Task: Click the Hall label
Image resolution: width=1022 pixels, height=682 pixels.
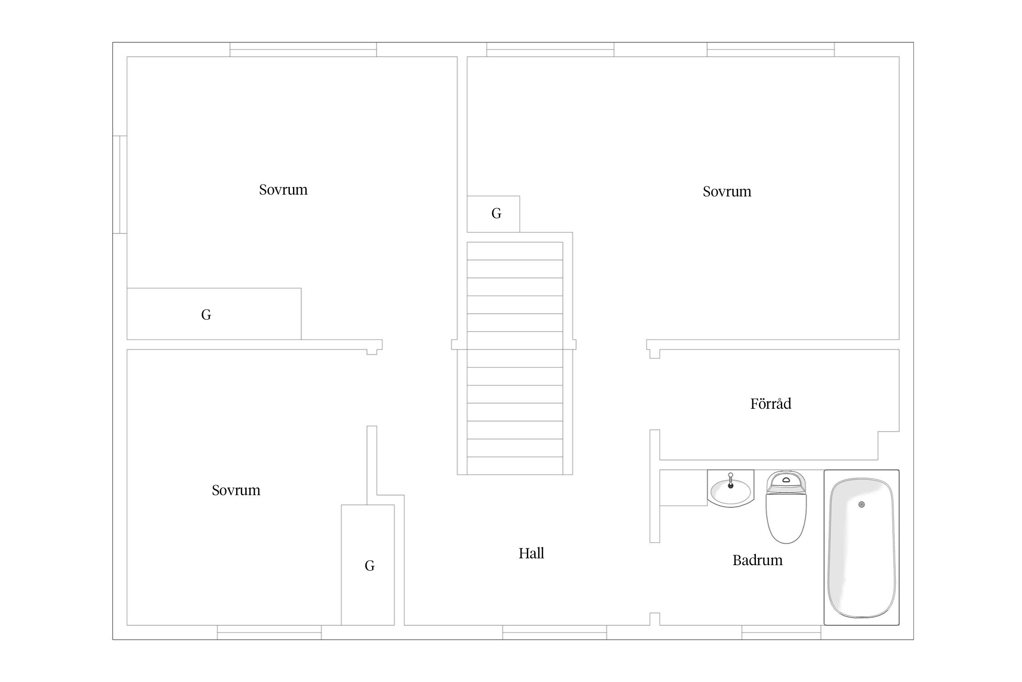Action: coord(531,553)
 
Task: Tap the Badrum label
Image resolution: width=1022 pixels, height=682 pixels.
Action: coord(757,560)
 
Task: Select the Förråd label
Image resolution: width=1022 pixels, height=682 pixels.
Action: coord(771,403)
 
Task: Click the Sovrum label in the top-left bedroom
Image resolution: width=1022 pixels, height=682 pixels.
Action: coord(283,190)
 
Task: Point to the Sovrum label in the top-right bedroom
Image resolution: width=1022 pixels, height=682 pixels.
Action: coord(727,191)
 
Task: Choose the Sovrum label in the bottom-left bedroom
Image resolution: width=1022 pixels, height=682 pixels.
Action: coord(236,490)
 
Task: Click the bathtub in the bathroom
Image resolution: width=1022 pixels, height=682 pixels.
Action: coord(862,547)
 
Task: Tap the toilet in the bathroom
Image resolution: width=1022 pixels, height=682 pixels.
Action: coord(786,507)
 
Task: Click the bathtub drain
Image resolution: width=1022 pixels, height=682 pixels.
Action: coord(862,504)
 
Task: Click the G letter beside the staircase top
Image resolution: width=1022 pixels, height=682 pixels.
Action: coord(496,213)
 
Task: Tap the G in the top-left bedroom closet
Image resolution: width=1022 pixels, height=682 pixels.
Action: coord(206,315)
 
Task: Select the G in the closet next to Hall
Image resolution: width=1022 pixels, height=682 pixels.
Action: coord(370,566)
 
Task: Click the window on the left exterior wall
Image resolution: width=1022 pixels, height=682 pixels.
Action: coord(119,185)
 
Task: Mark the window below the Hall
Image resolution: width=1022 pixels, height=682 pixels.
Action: coord(555,632)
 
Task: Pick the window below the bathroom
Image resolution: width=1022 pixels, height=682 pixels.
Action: coord(781,632)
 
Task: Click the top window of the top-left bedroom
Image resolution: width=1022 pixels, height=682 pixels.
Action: coord(303,50)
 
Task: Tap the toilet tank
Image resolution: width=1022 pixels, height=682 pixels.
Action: coord(786,481)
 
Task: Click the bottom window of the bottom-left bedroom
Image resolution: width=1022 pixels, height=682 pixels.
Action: coord(269,632)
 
